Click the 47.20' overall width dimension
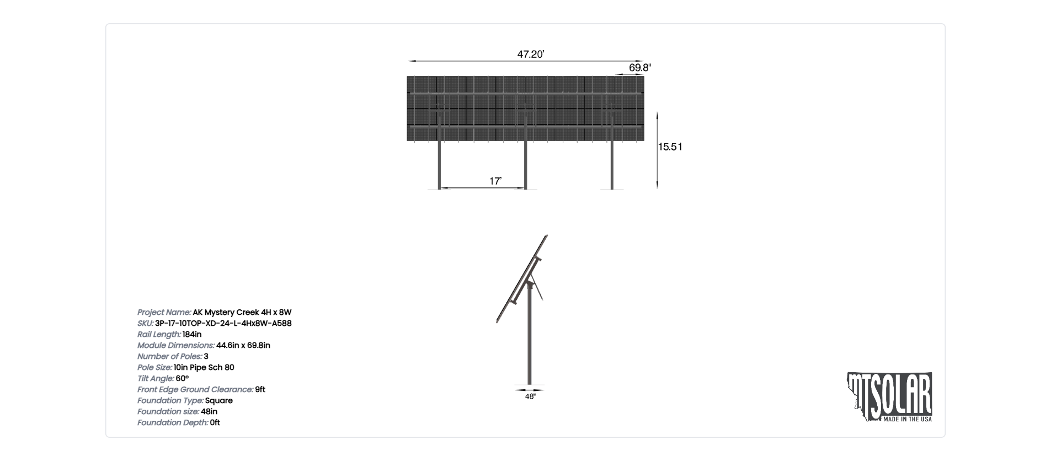pos(531,54)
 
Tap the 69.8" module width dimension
pos(640,67)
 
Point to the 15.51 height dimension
pos(670,147)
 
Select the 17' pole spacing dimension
pos(495,181)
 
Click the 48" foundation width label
pos(530,396)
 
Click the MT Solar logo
pos(889,397)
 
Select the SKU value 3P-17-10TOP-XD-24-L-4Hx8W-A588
pos(223,323)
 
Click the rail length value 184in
pos(192,334)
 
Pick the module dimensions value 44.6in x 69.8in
pos(243,345)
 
